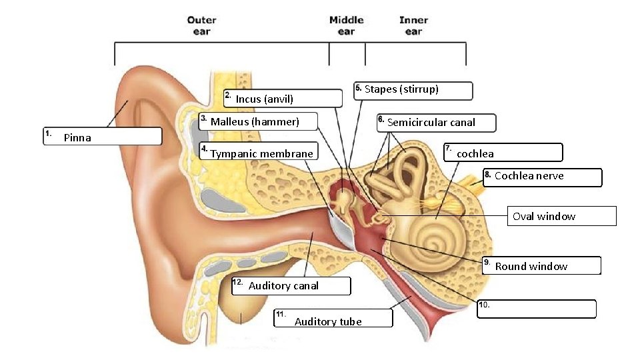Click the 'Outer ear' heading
(201, 26)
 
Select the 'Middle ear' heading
(346, 26)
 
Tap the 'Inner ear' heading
(413, 26)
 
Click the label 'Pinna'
(77, 138)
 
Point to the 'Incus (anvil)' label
(265, 99)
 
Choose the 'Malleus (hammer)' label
(255, 121)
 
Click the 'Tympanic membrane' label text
(261, 154)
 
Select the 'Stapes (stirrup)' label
(401, 89)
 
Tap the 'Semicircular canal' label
(431, 122)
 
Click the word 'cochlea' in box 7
(475, 154)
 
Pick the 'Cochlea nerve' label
(529, 176)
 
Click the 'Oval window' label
(543, 216)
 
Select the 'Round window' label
(531, 267)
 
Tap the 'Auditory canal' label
(283, 286)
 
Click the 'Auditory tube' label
(328, 321)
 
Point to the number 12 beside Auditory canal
(238, 283)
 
